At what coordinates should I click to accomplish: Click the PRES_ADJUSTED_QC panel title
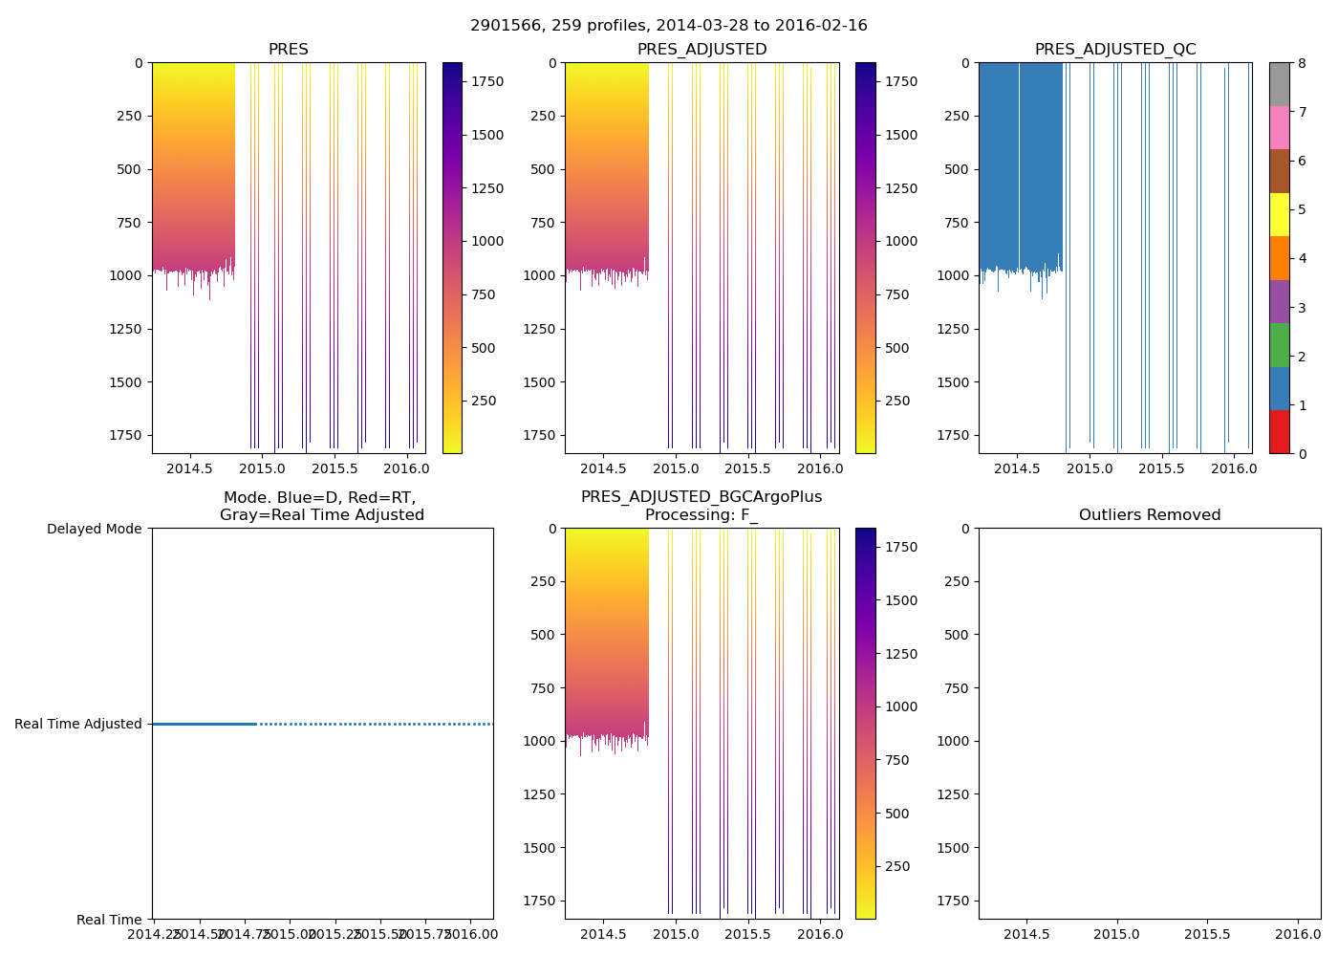(x=1114, y=50)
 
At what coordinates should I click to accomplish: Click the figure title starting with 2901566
(x=668, y=26)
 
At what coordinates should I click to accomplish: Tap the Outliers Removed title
(x=1149, y=515)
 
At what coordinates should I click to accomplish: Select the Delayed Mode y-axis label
(x=94, y=529)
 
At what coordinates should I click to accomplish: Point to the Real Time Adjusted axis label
(x=77, y=724)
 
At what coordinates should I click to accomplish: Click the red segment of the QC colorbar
(x=1279, y=431)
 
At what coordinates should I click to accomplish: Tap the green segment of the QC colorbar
(x=1279, y=344)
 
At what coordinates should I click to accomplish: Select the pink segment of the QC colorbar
(x=1279, y=127)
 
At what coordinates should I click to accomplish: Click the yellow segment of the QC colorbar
(x=1279, y=214)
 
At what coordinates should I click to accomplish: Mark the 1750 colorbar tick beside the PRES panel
(x=487, y=82)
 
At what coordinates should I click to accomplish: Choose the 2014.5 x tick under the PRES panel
(x=189, y=468)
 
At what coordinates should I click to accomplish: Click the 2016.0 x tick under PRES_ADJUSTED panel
(x=819, y=468)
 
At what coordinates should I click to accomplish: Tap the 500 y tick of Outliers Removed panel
(x=959, y=635)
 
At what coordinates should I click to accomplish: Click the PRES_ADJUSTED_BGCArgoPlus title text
(x=701, y=497)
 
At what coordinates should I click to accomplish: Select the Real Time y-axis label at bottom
(x=109, y=920)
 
